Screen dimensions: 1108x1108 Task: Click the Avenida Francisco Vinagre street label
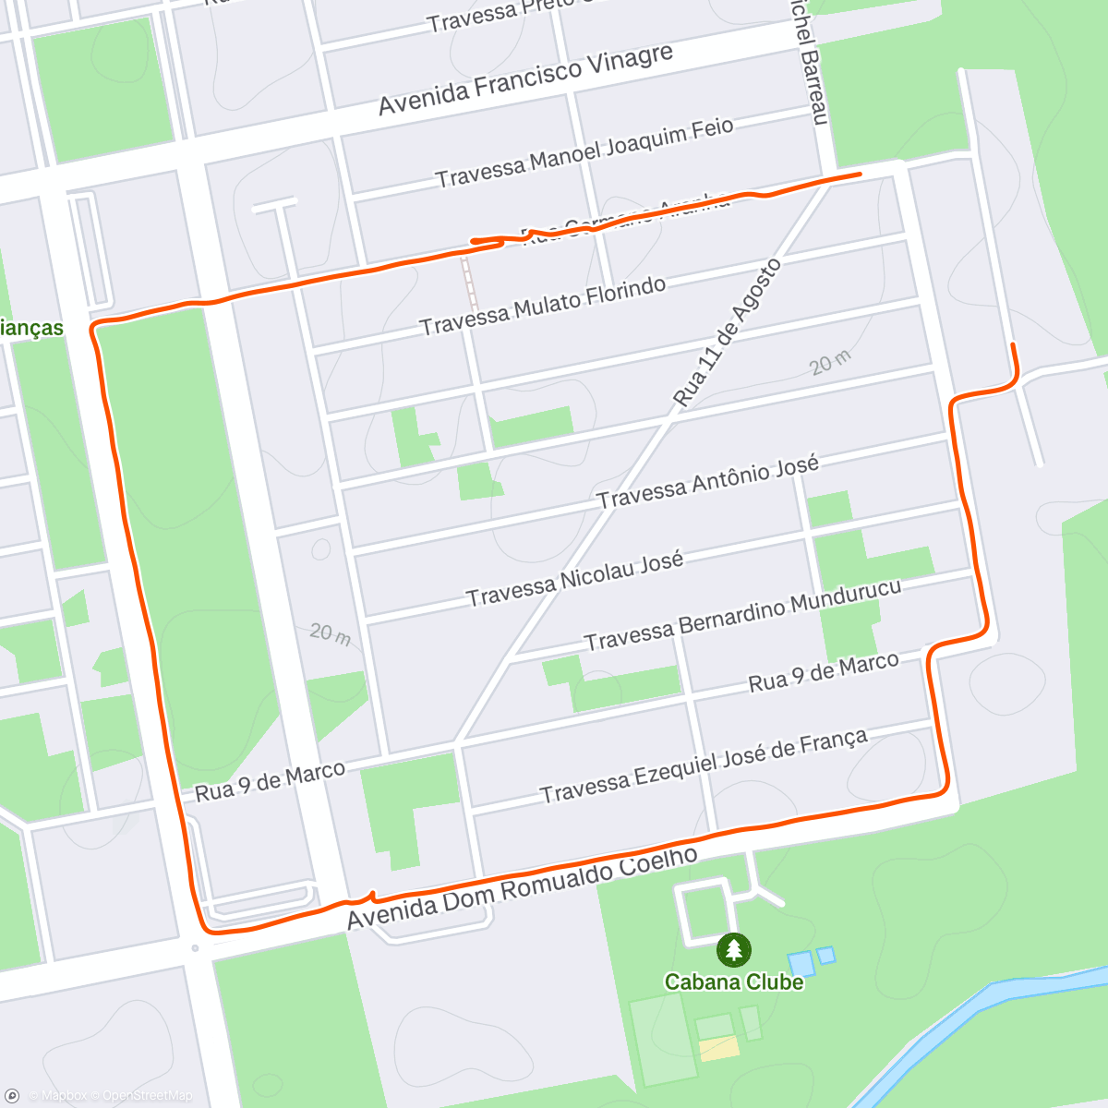point(525,79)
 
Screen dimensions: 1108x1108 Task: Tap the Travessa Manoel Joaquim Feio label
point(584,152)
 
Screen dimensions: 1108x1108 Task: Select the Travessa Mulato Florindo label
point(542,307)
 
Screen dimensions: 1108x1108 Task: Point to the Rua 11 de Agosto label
point(728,333)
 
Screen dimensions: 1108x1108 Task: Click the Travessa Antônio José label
point(707,482)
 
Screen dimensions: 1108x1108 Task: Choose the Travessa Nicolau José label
point(574,579)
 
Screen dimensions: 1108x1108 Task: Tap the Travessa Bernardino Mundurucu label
point(742,615)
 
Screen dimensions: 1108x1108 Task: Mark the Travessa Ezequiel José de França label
point(704,766)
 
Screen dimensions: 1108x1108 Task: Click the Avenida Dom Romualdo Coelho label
point(523,888)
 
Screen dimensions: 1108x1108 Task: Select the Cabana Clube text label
point(734,982)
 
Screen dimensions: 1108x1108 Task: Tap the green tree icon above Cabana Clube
point(734,949)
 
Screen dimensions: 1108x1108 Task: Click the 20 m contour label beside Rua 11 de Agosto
point(830,363)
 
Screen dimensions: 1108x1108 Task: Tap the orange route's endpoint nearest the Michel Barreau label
point(860,173)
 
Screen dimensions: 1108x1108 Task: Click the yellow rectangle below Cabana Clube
point(718,1048)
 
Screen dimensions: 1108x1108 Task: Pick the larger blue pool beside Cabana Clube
point(801,964)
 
